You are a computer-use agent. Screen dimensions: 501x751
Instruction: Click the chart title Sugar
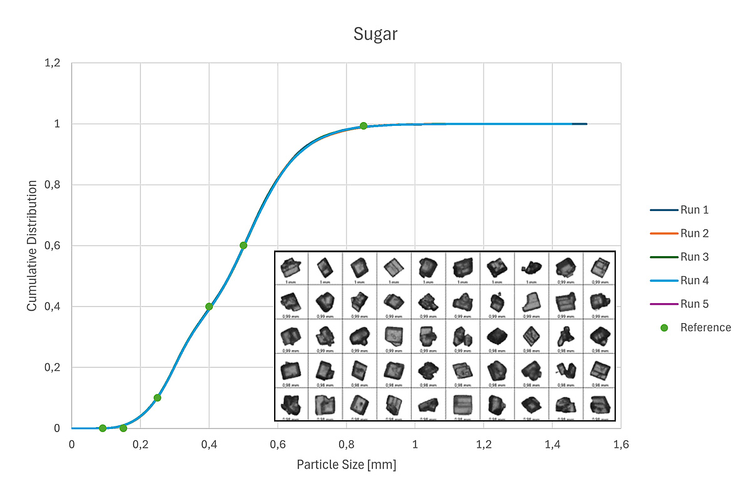[x=375, y=34]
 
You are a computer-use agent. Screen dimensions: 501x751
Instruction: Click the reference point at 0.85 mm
[x=364, y=126]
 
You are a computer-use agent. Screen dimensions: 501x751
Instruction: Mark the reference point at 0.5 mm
[x=243, y=245]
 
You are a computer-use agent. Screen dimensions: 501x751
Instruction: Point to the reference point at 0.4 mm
[x=209, y=306]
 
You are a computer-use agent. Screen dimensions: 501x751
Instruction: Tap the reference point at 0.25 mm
[x=157, y=398]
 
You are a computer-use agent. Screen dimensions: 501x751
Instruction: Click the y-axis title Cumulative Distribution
[x=32, y=245]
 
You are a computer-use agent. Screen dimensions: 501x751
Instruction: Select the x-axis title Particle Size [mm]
[x=346, y=465]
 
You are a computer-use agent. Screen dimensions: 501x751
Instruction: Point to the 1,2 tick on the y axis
[x=53, y=63]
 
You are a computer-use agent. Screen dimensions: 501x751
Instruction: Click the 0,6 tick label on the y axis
[x=53, y=246]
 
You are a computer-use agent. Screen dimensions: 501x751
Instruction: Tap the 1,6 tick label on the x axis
[x=620, y=445]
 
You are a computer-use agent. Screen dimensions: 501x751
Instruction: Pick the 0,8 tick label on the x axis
[x=346, y=445]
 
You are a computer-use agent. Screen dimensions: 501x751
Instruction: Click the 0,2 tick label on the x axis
[x=140, y=445]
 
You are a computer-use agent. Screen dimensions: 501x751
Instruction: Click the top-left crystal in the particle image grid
[x=291, y=267]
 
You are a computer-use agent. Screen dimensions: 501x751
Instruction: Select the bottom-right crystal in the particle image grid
[x=600, y=404]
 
